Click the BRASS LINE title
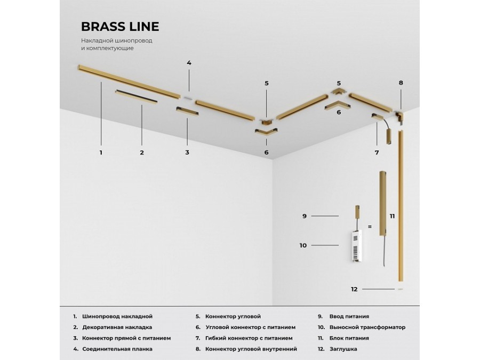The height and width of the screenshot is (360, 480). click(120, 27)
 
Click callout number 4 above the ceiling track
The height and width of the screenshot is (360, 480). click(189, 63)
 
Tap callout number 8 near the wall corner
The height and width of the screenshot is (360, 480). click(401, 83)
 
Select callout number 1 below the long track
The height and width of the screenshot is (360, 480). click(101, 153)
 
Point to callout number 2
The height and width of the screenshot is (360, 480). click(142, 153)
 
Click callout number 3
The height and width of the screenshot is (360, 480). click(187, 153)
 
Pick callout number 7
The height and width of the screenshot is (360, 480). click(377, 153)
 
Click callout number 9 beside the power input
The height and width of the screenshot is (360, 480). click(305, 216)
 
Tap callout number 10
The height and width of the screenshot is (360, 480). click(303, 245)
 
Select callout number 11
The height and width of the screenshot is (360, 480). click(392, 216)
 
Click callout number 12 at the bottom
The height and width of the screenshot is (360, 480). click(354, 289)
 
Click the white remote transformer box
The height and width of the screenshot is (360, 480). click(356, 245)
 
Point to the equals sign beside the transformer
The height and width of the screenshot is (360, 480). click(370, 227)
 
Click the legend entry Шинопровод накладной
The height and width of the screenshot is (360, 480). click(117, 316)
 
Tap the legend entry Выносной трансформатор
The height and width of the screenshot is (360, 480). click(367, 327)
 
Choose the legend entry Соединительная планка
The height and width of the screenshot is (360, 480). click(117, 349)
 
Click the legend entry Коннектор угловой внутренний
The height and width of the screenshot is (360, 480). click(251, 349)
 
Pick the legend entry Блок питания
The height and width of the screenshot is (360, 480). click(349, 338)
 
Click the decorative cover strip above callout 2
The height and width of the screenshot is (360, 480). click(136, 97)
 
